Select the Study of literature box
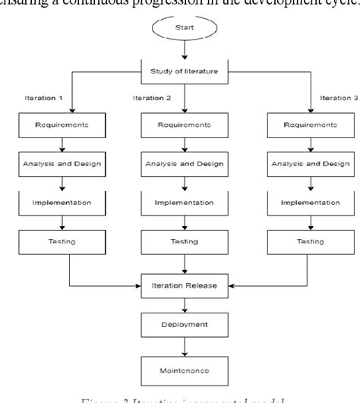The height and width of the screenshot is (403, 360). tap(185, 72)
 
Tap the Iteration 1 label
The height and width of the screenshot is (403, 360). tap(43, 99)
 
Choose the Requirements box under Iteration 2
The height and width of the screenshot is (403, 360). tap(185, 124)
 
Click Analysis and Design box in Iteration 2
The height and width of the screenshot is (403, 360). tap(185, 163)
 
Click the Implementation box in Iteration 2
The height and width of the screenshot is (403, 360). tap(185, 203)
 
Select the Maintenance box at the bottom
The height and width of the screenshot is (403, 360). tap(185, 372)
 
